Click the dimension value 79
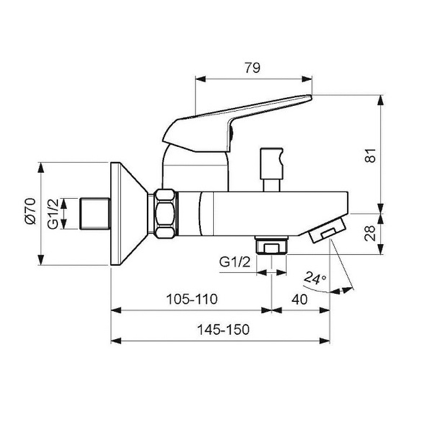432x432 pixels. [x=252, y=68]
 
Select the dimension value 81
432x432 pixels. [x=371, y=156]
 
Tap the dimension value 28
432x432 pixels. [x=370, y=233]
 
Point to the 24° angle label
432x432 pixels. [x=315, y=278]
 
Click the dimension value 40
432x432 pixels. [x=300, y=299]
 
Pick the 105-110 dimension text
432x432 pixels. [x=192, y=299]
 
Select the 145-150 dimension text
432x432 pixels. [x=223, y=329]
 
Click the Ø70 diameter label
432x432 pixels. [x=31, y=211]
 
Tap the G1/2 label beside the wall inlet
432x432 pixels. [x=53, y=214]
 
